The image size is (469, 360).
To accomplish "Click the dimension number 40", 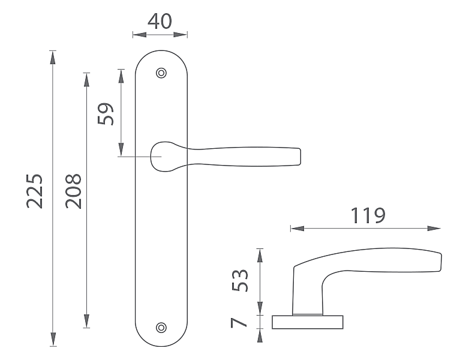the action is (x=160, y=21).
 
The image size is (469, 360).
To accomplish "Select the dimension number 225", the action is (x=34, y=191).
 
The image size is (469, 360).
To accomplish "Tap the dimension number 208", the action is (x=73, y=191).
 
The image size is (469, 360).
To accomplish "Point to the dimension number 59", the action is (x=106, y=114).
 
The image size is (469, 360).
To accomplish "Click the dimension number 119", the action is (x=368, y=215).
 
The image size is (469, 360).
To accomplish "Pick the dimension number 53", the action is (x=240, y=280).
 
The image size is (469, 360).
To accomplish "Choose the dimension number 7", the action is (x=238, y=323).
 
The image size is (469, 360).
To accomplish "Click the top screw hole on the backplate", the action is (x=161, y=73).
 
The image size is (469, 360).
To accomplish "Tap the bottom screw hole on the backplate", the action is (x=161, y=328).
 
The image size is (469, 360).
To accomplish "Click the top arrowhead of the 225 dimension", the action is (x=53, y=58).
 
